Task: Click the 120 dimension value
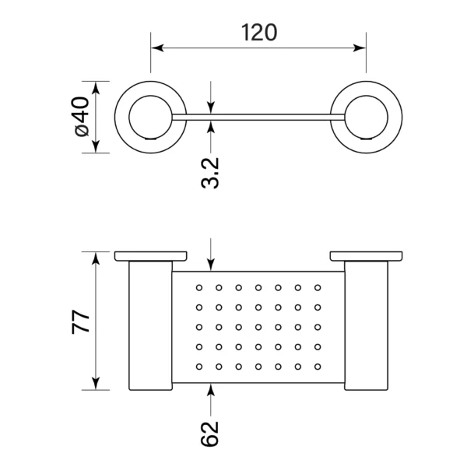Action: (259, 33)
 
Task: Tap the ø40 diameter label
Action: (80, 117)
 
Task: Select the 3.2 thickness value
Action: (210, 173)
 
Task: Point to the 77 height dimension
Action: (80, 321)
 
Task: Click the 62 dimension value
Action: (209, 434)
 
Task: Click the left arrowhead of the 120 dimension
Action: (157, 47)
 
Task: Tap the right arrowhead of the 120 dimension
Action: (359, 47)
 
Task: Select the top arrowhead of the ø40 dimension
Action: (96, 87)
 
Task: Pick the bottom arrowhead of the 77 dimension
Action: (96, 384)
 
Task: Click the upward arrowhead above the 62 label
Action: (211, 390)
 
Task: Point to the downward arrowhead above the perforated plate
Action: (211, 265)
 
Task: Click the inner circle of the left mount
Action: (151, 118)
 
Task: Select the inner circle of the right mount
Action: (367, 118)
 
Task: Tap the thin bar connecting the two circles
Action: (258, 118)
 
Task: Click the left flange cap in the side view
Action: (151, 256)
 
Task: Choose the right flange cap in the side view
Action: (367, 256)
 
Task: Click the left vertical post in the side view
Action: (151, 325)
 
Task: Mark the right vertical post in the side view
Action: (367, 325)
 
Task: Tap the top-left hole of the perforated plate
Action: (199, 288)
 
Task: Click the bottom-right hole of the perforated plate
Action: (318, 367)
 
